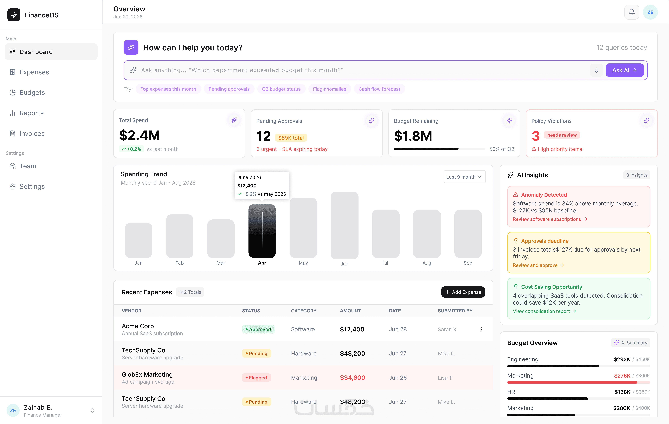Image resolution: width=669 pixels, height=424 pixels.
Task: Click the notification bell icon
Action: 631,12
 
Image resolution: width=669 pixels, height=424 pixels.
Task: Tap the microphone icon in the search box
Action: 596,70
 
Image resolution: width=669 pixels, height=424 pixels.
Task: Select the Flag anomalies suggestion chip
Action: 330,89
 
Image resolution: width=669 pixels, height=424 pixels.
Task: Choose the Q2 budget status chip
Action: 281,89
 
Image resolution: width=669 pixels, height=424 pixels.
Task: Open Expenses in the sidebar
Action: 34,72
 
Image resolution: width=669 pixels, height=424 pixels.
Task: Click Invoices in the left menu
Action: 32,133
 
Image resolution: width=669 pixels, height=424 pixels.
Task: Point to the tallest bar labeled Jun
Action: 344,225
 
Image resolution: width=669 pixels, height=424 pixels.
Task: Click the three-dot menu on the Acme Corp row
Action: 481,329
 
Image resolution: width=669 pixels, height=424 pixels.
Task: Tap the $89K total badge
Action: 291,138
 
